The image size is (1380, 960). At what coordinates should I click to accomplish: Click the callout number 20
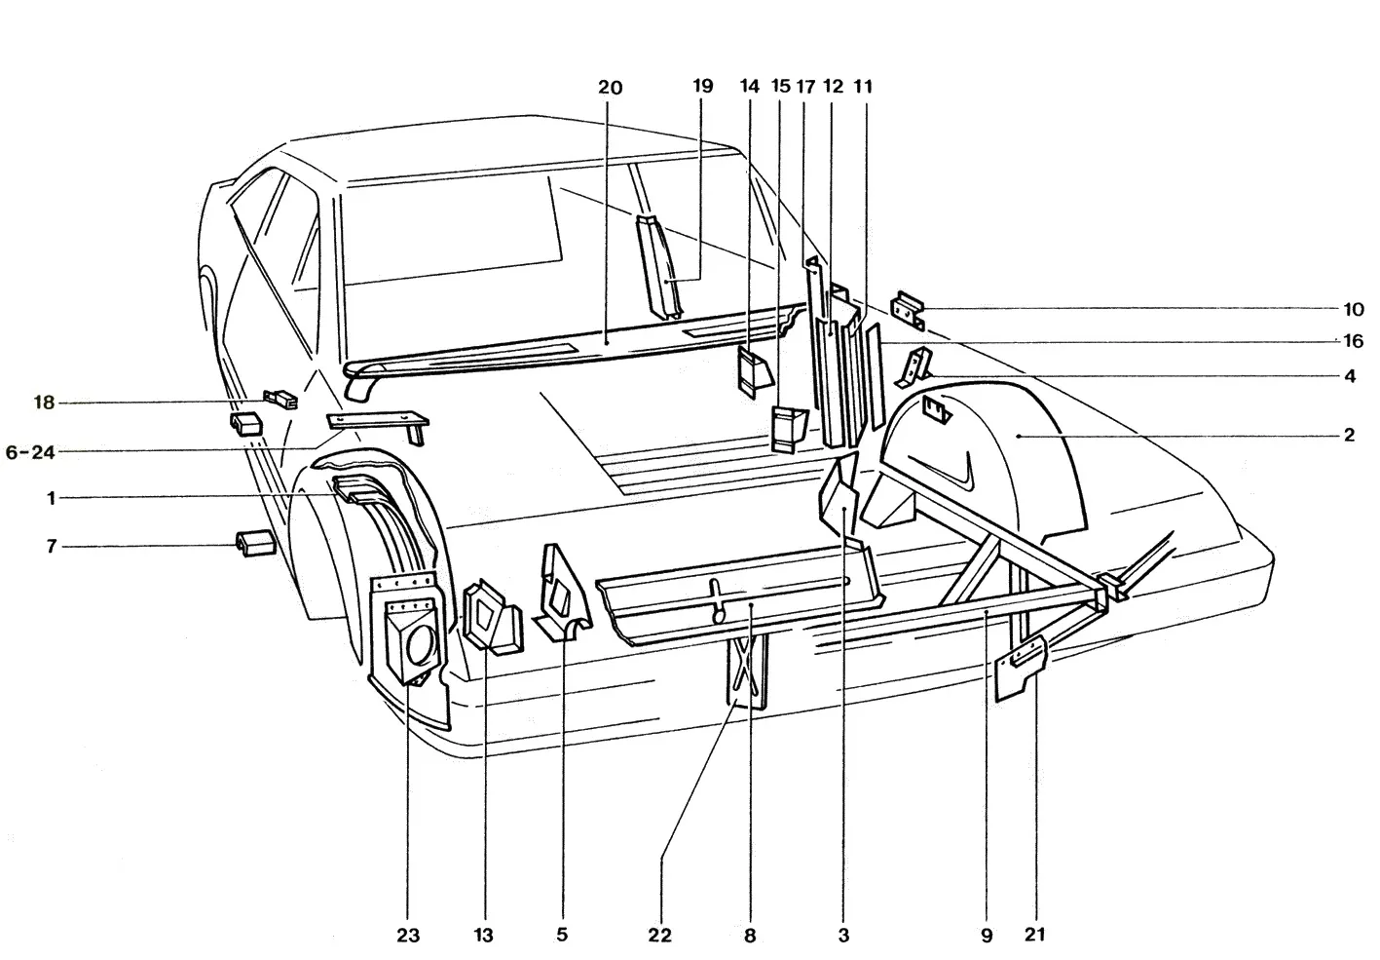pyautogui.click(x=610, y=88)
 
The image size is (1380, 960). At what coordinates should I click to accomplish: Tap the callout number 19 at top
pyautogui.click(x=702, y=86)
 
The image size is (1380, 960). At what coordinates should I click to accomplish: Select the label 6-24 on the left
pyautogui.click(x=30, y=452)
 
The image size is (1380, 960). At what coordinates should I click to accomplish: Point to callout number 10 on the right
pyautogui.click(x=1353, y=309)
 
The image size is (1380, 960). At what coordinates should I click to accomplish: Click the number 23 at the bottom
pyautogui.click(x=408, y=936)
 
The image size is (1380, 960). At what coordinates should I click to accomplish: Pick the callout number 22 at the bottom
pyautogui.click(x=659, y=936)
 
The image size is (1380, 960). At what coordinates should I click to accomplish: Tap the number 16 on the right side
pyautogui.click(x=1353, y=340)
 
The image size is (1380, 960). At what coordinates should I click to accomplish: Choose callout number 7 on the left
pyautogui.click(x=52, y=547)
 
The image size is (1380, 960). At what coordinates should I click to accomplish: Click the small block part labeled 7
pyautogui.click(x=254, y=543)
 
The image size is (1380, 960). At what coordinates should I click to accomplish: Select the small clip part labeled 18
pyautogui.click(x=280, y=399)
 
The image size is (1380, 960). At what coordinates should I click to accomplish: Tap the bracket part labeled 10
pyautogui.click(x=908, y=310)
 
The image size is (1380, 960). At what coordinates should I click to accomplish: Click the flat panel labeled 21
pyautogui.click(x=1021, y=669)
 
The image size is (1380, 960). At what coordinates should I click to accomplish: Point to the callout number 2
pyautogui.click(x=1349, y=436)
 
